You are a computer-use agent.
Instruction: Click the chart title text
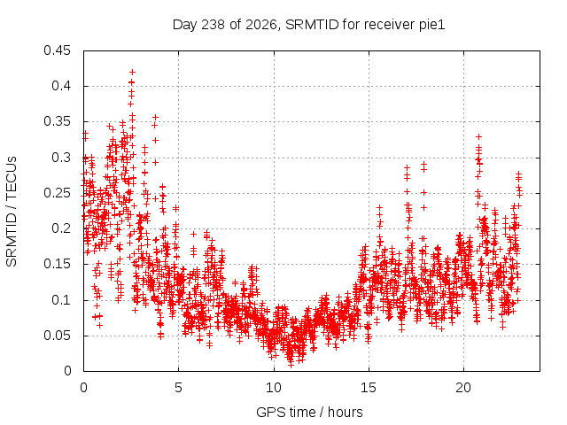click(308, 25)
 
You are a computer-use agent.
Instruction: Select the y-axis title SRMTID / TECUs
click(12, 212)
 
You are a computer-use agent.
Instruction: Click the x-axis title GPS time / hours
click(309, 412)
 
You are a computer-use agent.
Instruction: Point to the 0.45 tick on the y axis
click(57, 50)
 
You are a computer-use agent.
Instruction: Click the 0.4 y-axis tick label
click(61, 86)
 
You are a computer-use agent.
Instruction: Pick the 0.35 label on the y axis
click(57, 121)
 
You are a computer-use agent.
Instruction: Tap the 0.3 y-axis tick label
click(61, 158)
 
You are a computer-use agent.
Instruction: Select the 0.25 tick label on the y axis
click(57, 193)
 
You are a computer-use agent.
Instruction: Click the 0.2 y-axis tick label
click(61, 228)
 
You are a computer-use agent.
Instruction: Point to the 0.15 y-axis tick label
click(57, 264)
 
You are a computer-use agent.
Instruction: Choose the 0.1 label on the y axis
click(61, 299)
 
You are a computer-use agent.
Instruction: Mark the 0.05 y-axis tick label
click(57, 336)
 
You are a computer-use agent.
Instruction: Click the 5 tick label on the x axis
click(179, 388)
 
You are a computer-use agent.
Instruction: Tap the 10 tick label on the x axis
click(274, 388)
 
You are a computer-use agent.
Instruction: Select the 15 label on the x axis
click(369, 388)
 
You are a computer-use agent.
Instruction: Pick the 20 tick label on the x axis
click(463, 388)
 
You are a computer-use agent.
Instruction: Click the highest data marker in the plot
click(132, 72)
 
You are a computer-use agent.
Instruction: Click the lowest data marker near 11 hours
click(291, 365)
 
